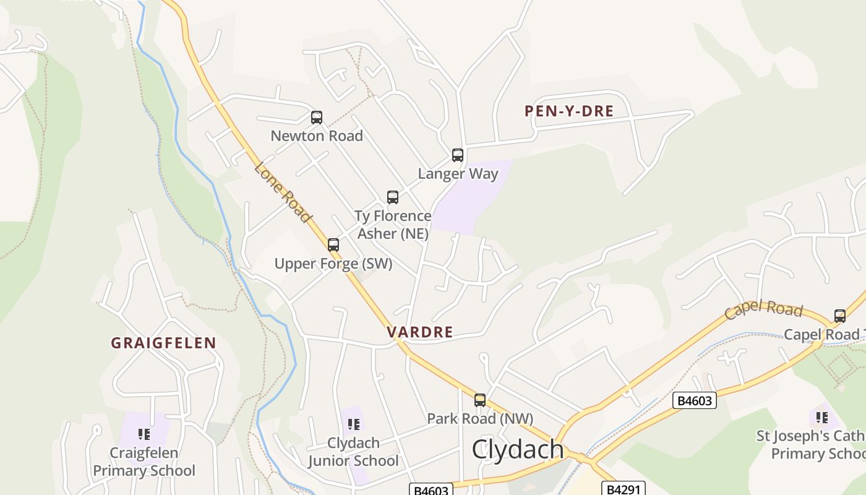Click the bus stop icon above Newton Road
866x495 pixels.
tap(317, 118)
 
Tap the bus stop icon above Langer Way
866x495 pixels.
tap(458, 155)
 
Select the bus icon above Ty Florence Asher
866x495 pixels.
tap(393, 197)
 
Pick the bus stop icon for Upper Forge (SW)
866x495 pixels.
tap(333, 245)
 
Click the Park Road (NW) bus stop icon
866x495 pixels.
tap(480, 400)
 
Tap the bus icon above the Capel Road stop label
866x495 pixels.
tap(840, 316)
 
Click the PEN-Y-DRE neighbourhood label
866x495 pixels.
tap(569, 111)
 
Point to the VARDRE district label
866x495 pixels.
tap(420, 332)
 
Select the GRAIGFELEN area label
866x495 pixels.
tap(164, 343)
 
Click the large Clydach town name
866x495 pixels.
tap(518, 450)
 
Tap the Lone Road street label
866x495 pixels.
tap(282, 192)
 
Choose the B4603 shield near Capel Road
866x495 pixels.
tap(695, 401)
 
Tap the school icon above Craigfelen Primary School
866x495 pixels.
tap(145, 434)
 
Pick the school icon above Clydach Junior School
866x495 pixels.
tap(354, 424)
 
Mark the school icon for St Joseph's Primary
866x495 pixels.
tap(822, 418)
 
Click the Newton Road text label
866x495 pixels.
tap(317, 136)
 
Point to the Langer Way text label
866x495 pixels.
tap(458, 173)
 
